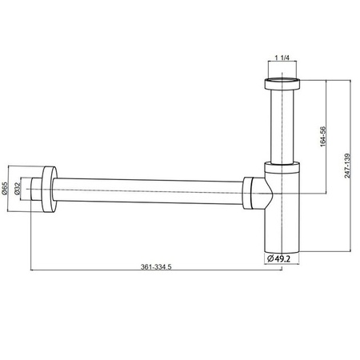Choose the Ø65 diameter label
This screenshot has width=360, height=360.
5,189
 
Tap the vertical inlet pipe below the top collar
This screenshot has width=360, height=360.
282,128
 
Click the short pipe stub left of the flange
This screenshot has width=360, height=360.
34,188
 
